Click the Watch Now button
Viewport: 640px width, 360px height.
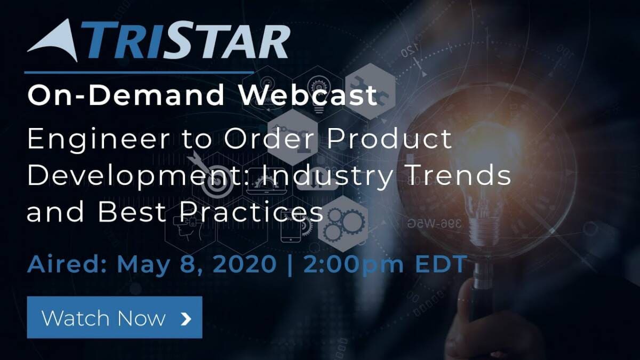[115, 317]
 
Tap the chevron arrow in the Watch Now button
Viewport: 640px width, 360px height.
[186, 319]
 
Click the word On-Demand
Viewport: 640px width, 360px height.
[126, 94]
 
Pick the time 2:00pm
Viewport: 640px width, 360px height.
[354, 266]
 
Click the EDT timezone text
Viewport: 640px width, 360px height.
[441, 265]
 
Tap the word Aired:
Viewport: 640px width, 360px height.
[67, 265]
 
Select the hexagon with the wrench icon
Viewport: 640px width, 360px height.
[371, 91]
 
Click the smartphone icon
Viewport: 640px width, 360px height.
[291, 227]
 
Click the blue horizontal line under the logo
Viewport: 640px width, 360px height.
[139, 73]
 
